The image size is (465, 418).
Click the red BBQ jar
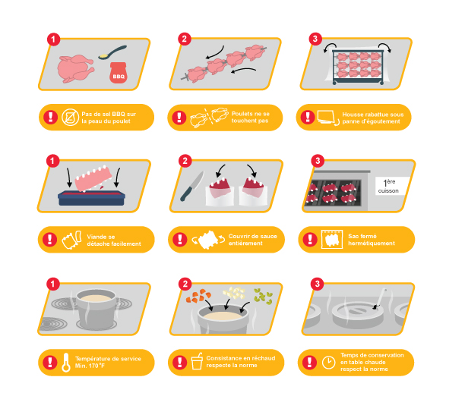click(x=119, y=73)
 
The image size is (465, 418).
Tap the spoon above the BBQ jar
click(x=112, y=52)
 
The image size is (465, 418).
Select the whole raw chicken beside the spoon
click(x=76, y=68)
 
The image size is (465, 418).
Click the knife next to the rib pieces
click(x=192, y=186)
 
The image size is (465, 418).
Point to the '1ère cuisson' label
click(x=388, y=186)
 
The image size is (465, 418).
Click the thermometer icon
click(x=66, y=362)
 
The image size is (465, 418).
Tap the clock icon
click(x=328, y=363)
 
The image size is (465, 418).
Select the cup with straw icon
click(x=197, y=361)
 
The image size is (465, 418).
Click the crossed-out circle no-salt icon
click(x=70, y=118)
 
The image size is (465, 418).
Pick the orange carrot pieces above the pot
click(x=198, y=296)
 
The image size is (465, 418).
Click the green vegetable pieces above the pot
click(x=263, y=296)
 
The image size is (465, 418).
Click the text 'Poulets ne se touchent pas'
click(x=250, y=118)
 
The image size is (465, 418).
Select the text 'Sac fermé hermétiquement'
click(x=372, y=240)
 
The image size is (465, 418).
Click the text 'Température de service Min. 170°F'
click(x=108, y=363)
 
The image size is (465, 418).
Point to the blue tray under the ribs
click(x=92, y=198)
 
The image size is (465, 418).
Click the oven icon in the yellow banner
click(x=332, y=239)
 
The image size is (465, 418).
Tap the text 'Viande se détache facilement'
click(x=114, y=240)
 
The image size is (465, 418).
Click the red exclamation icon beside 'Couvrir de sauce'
click(x=180, y=240)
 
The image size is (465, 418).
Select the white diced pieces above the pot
click(x=234, y=293)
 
